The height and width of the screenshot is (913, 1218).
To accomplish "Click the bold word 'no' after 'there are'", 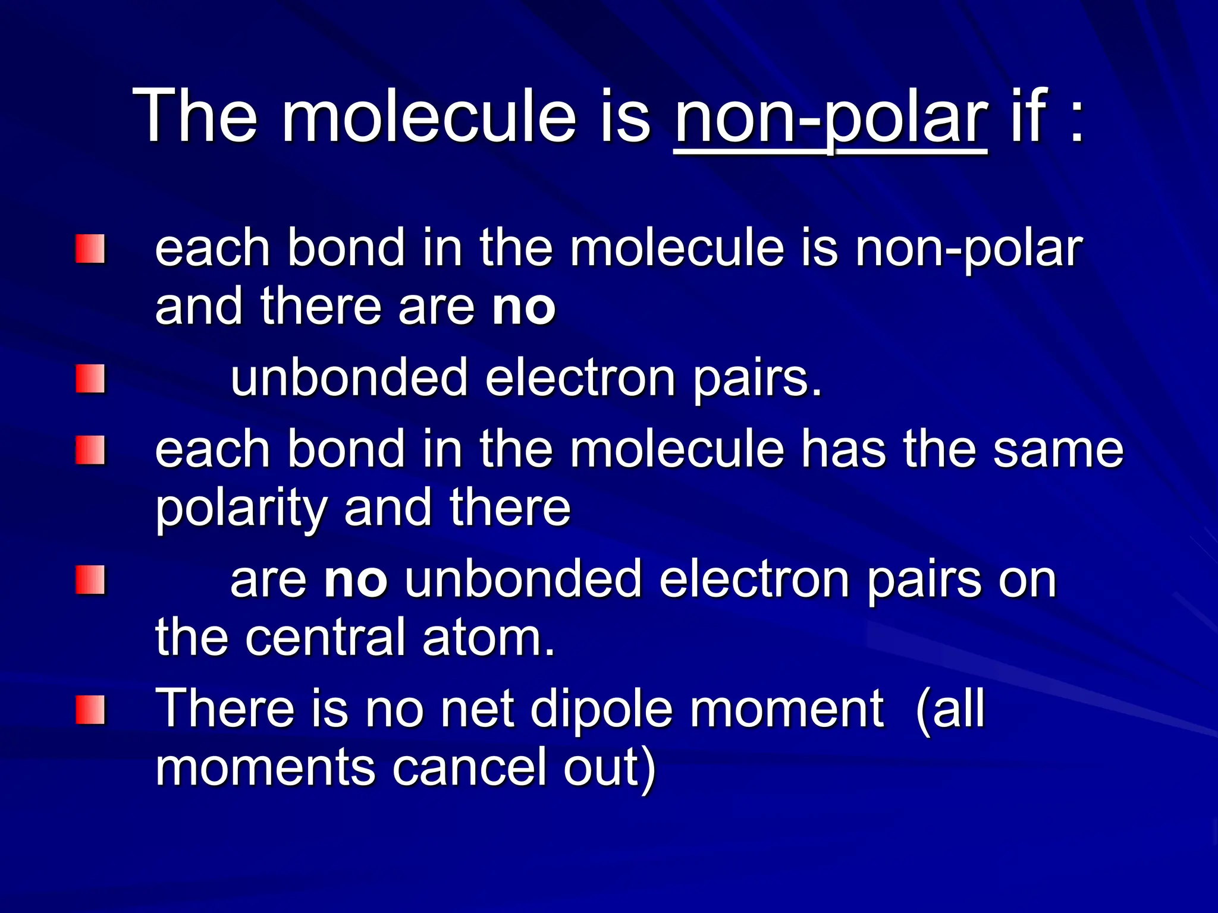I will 523,307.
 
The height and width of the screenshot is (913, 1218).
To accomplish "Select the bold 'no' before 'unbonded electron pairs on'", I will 356,580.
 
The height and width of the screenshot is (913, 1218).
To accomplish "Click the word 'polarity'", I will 241,509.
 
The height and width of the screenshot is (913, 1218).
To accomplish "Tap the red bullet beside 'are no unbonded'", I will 90,580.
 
